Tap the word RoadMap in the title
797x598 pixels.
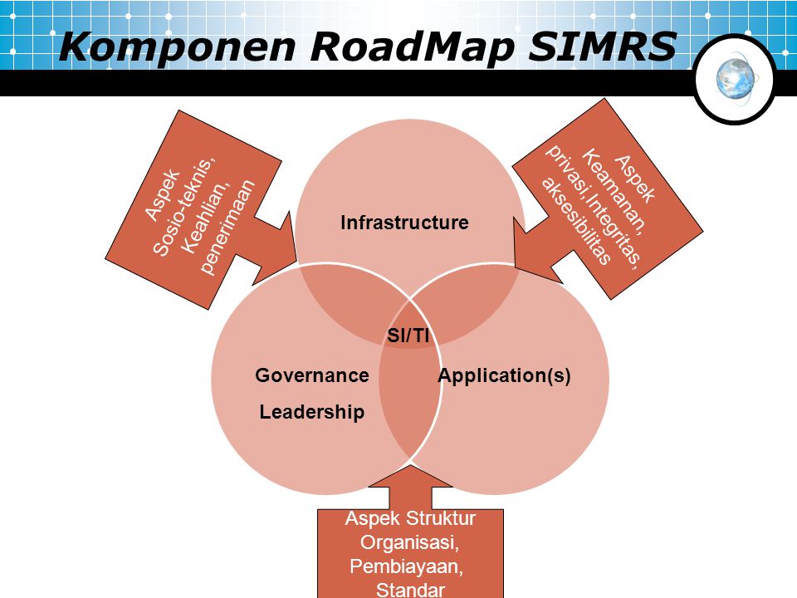(x=413, y=47)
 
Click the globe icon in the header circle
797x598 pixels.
(x=736, y=79)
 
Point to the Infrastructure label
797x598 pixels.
(x=404, y=223)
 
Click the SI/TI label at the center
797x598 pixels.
(x=408, y=335)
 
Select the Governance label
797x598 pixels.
(x=312, y=375)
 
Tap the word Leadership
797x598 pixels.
(x=312, y=412)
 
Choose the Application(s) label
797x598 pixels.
(x=504, y=375)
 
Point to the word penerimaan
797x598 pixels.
(x=227, y=228)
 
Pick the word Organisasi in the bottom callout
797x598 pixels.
(x=409, y=542)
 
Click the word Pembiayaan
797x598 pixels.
(x=407, y=566)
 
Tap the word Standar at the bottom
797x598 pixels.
(x=410, y=590)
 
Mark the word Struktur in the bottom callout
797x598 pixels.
(x=442, y=518)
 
